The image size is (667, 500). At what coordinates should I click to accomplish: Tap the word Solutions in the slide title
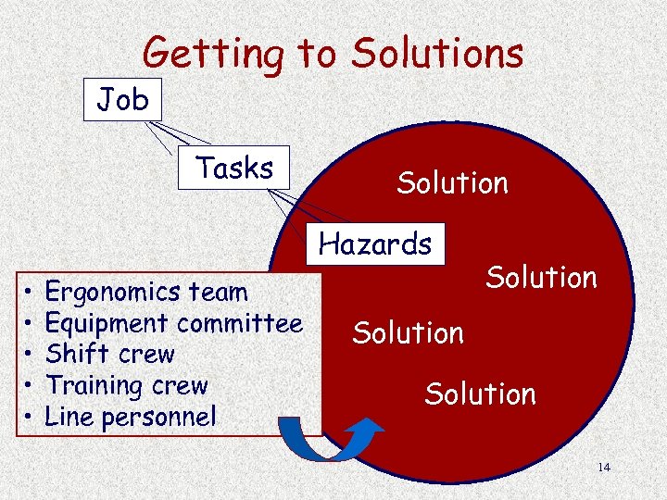click(x=436, y=54)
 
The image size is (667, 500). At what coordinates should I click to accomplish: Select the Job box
click(x=123, y=99)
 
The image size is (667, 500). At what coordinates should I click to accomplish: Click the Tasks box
click(x=233, y=168)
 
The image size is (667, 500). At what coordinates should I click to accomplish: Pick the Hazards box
click(x=375, y=244)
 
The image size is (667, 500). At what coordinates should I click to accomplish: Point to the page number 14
click(x=603, y=467)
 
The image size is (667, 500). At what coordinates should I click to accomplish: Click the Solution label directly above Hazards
click(x=452, y=183)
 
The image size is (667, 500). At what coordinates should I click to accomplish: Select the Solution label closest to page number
click(x=480, y=394)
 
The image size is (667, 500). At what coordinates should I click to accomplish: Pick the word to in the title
click(x=317, y=54)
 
